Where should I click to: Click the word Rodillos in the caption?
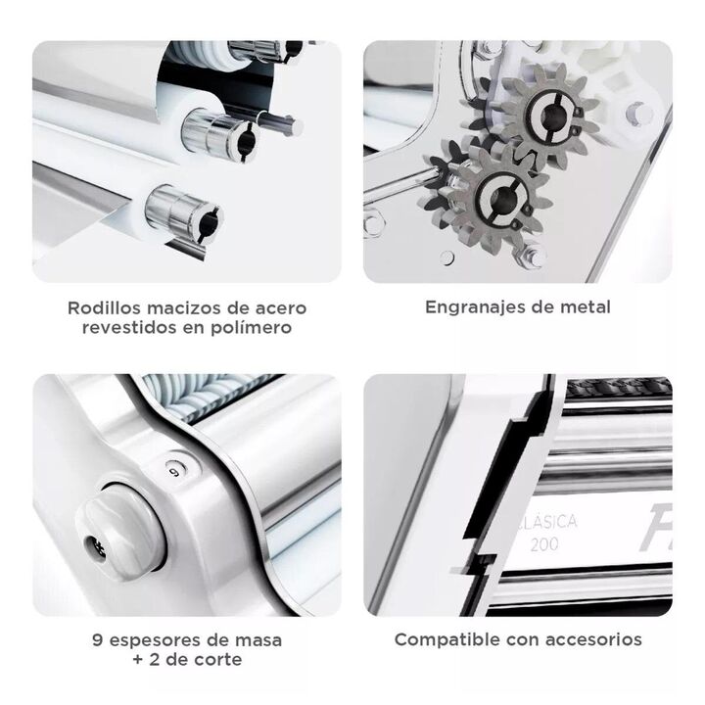pyautogui.click(x=105, y=308)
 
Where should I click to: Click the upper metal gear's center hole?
pyautogui.click(x=549, y=117)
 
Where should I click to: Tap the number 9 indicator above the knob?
pyautogui.click(x=176, y=470)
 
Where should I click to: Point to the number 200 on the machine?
pyautogui.click(x=544, y=544)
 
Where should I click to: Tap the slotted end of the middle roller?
pyautogui.click(x=244, y=143)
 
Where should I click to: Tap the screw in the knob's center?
pyautogui.click(x=97, y=549)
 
